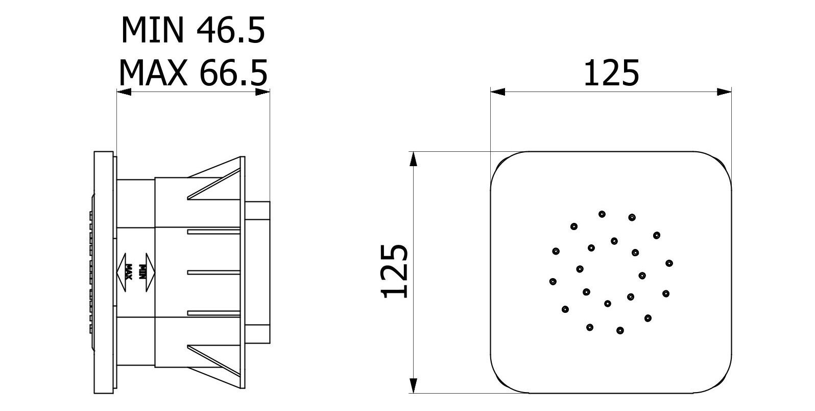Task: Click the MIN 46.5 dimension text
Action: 193,30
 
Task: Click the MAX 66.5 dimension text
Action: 193,73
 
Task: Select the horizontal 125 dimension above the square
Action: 611,73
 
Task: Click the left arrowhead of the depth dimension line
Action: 124,92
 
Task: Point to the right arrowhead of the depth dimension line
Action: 262,92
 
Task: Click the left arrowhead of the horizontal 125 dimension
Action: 498,92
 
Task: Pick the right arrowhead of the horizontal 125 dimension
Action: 724,92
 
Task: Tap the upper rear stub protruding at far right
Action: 257,210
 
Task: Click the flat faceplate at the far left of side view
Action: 104,271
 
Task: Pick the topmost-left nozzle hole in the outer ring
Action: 603,214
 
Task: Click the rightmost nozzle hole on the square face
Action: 669,263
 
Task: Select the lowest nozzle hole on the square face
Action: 619,330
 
